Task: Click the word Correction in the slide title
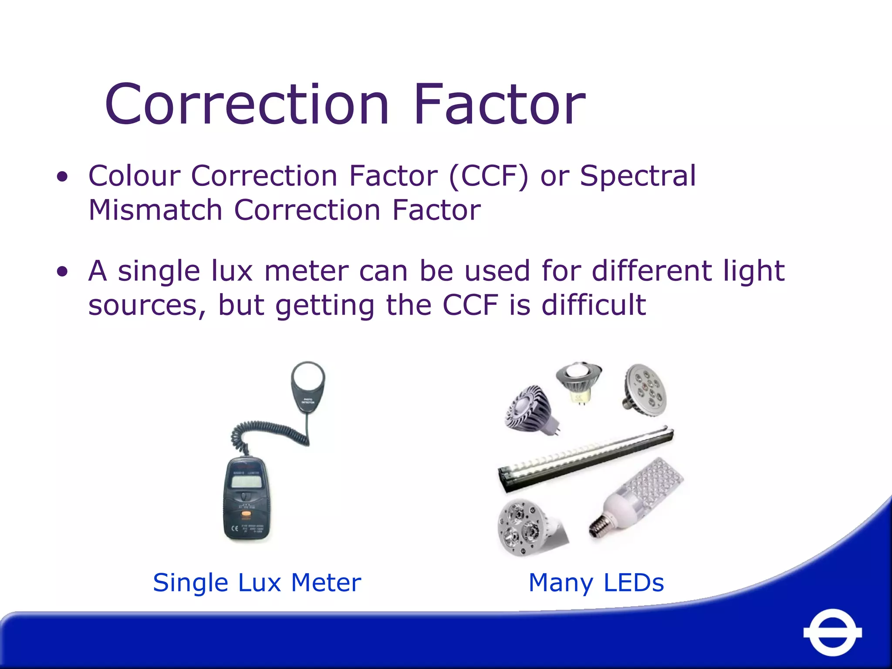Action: (247, 105)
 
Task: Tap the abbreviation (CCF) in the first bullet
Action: (489, 176)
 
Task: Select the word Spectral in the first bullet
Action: (638, 177)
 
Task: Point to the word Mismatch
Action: (155, 210)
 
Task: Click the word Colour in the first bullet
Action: (134, 176)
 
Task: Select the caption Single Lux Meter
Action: (257, 583)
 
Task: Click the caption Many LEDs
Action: (596, 583)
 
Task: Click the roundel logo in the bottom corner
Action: (832, 632)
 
